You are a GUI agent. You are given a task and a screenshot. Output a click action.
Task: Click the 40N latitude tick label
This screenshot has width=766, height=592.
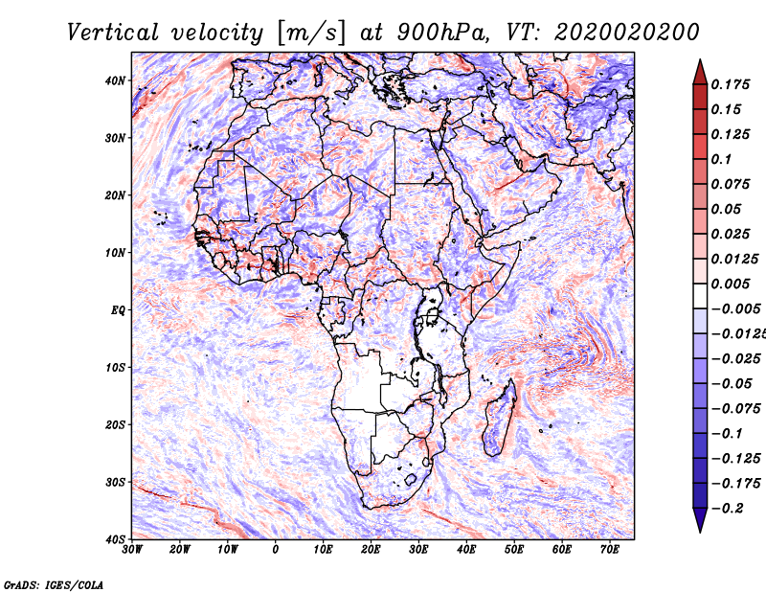[115, 80]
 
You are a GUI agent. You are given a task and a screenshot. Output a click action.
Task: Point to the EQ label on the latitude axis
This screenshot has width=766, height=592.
[118, 310]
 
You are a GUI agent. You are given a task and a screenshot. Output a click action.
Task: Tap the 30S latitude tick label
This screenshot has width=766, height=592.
[115, 483]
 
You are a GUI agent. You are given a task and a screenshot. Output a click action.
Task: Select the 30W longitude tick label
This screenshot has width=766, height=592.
[132, 550]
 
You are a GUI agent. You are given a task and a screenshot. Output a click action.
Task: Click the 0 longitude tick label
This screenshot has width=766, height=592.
[276, 550]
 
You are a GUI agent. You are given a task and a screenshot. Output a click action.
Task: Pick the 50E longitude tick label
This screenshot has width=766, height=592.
[514, 550]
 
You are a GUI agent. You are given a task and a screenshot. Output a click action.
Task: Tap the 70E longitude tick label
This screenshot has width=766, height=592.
[610, 550]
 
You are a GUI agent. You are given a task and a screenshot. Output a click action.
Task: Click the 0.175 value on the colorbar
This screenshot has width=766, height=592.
[731, 85]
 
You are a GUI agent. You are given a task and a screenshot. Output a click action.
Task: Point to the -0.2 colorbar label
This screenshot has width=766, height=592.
[728, 509]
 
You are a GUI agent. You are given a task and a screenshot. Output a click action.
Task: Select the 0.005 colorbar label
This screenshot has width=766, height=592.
[731, 284]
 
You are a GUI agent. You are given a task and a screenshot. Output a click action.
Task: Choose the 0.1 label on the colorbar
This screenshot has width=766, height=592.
[722, 159]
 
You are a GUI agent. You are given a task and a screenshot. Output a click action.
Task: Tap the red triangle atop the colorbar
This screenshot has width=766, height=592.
[700, 73]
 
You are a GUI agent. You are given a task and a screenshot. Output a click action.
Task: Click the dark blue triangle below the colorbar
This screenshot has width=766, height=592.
[700, 519]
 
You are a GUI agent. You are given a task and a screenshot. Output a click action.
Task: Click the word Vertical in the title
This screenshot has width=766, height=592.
[113, 33]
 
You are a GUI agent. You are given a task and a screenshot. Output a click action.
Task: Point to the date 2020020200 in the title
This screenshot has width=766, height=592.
[627, 33]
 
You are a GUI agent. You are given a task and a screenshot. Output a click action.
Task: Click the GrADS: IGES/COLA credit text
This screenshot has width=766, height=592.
[54, 584]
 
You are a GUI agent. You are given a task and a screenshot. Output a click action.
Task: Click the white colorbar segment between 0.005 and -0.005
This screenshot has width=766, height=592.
[700, 296]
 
